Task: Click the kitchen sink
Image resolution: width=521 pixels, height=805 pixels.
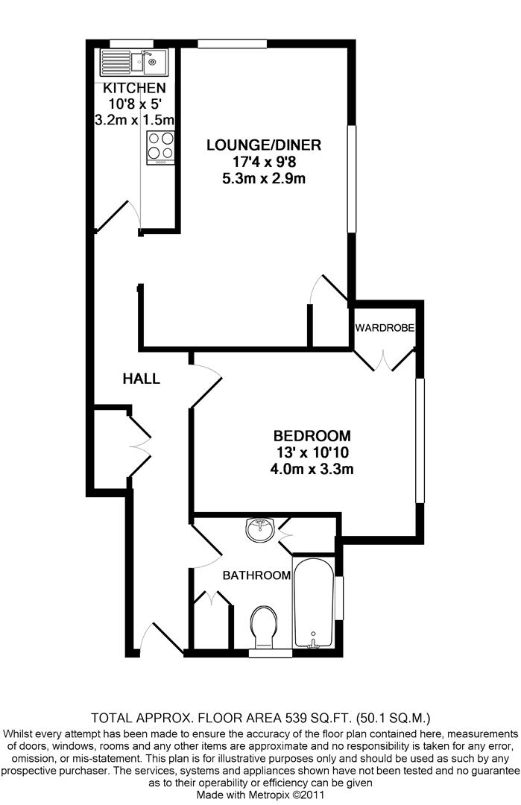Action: tap(133, 62)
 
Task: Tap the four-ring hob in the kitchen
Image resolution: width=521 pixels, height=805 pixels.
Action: tap(161, 146)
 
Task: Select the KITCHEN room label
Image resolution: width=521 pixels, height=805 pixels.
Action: tap(134, 89)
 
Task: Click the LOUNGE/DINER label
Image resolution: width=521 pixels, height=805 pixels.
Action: tap(256, 145)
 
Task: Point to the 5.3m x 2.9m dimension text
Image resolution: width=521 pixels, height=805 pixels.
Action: tap(256, 178)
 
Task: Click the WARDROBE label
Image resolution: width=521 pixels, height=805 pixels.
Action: tap(385, 328)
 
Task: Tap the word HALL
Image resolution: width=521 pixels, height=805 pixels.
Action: tap(142, 379)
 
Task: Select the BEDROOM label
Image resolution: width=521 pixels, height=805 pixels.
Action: tap(312, 436)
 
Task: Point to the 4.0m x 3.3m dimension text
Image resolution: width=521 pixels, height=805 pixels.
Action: tap(312, 469)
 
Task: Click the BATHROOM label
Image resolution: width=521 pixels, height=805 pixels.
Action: tap(256, 575)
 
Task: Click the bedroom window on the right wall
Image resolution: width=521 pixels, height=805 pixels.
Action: tap(420, 441)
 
